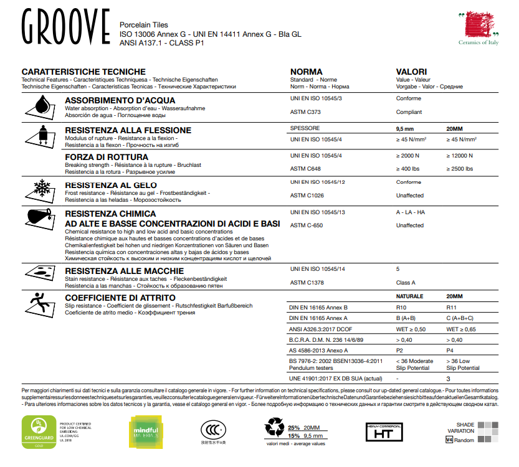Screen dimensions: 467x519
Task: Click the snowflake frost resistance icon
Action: click(41, 189)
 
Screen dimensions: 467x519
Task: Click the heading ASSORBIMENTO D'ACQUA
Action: click(120, 100)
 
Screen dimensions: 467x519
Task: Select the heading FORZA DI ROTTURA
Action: click(107, 156)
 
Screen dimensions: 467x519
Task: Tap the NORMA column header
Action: click(307, 72)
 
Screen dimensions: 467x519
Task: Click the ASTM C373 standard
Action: click(305, 112)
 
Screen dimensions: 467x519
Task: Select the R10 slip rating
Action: click(402, 308)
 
